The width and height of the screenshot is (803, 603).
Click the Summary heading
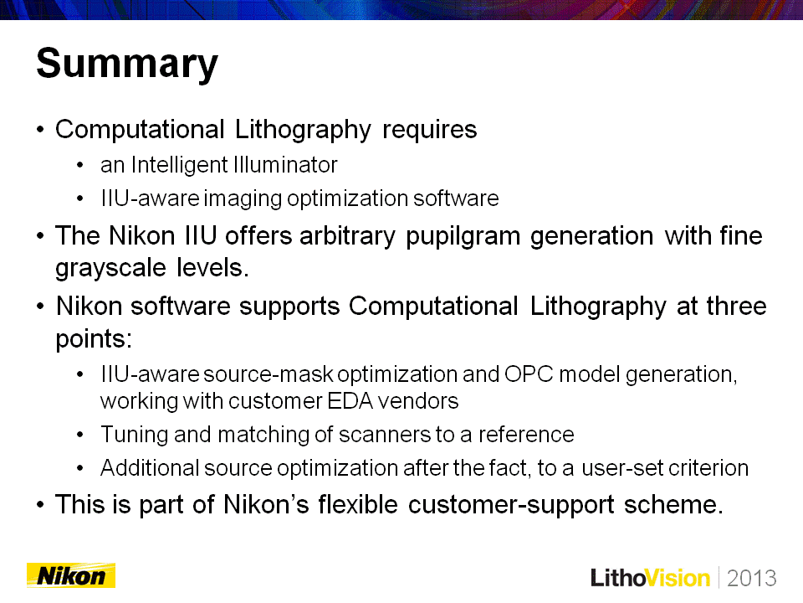point(127,64)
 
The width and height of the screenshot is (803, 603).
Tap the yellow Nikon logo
point(71,575)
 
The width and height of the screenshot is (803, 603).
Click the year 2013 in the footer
point(751,578)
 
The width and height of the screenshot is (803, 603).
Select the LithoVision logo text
point(651,578)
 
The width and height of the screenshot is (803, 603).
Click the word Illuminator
point(285,165)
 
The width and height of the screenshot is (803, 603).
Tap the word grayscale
point(111,268)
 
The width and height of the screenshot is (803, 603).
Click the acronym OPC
point(529,374)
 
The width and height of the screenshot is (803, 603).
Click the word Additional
point(150,467)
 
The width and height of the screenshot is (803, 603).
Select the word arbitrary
point(347,237)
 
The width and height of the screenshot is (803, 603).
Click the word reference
point(526,435)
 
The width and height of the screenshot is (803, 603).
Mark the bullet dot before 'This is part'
point(40,504)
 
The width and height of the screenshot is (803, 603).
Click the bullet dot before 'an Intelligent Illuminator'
point(79,165)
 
